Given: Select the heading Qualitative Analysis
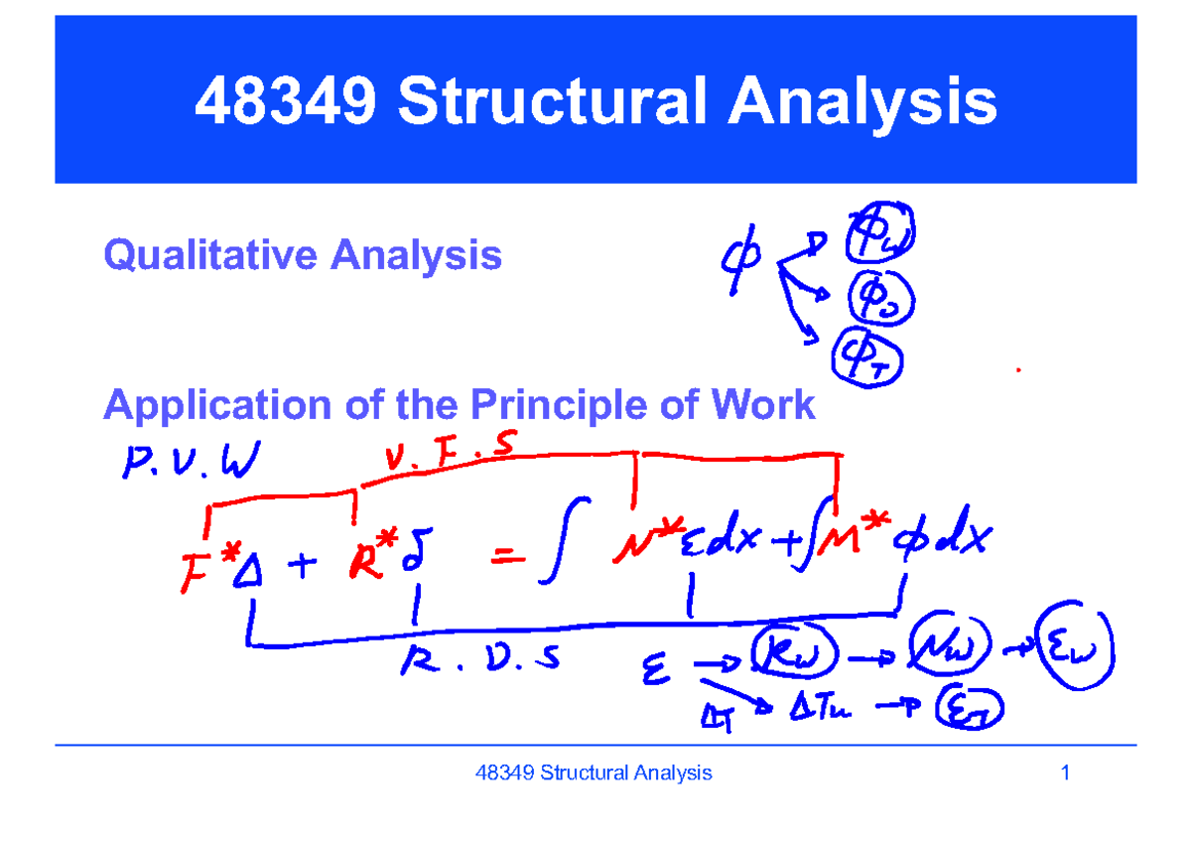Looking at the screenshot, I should tap(303, 256).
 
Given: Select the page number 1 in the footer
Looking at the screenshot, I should tap(1065, 772).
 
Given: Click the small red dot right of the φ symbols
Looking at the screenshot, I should tap(1018, 370).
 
